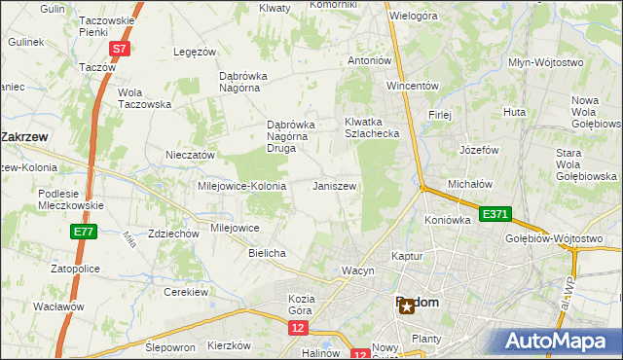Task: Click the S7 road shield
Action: tap(118, 48)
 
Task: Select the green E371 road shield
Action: tap(495, 214)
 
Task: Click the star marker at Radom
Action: tap(406, 306)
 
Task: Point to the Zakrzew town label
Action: tap(26, 137)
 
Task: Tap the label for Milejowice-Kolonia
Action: tap(241, 186)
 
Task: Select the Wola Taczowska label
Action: tap(144, 98)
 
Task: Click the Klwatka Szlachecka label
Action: tap(372, 127)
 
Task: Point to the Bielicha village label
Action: tap(267, 253)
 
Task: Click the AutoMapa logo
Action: tap(559, 342)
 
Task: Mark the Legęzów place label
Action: tap(193, 52)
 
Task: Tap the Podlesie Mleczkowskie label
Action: tap(71, 199)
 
